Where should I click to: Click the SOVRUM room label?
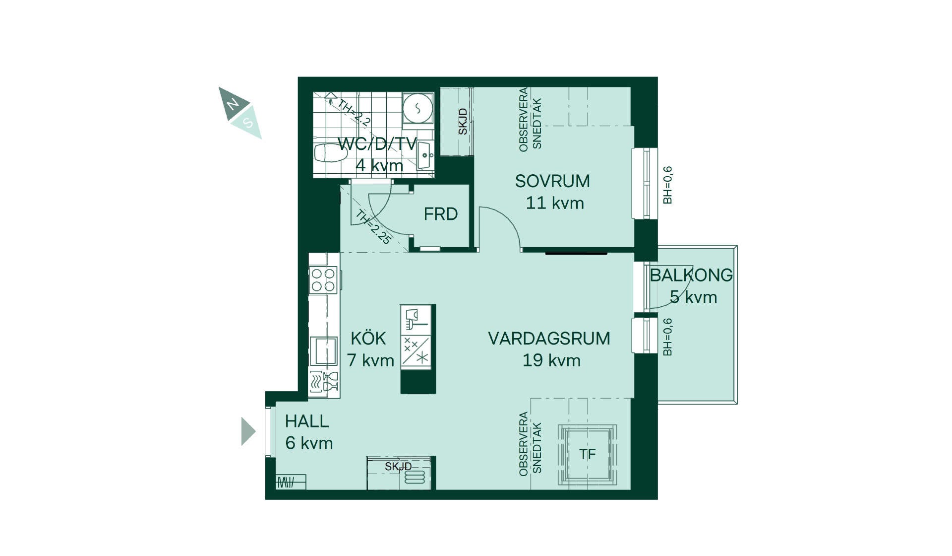pos(552,181)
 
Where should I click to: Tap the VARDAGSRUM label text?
pos(549,339)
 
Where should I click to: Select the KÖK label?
pos(368,338)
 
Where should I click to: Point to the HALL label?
pos(307,421)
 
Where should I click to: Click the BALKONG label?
pos(691,275)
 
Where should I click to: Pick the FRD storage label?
pos(440,214)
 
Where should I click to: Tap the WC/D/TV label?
pos(377,144)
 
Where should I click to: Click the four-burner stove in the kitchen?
pos(323,280)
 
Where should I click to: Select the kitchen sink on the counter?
pos(323,351)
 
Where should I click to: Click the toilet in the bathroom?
pos(331,152)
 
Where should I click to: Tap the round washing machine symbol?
pos(417,108)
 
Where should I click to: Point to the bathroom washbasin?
pos(425,155)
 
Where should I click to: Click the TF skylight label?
pos(588,454)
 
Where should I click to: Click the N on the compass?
pos(232,104)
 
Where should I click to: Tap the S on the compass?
pos(248,122)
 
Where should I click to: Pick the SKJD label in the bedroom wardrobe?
pos(463,122)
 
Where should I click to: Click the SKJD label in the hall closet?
pos(398,467)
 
